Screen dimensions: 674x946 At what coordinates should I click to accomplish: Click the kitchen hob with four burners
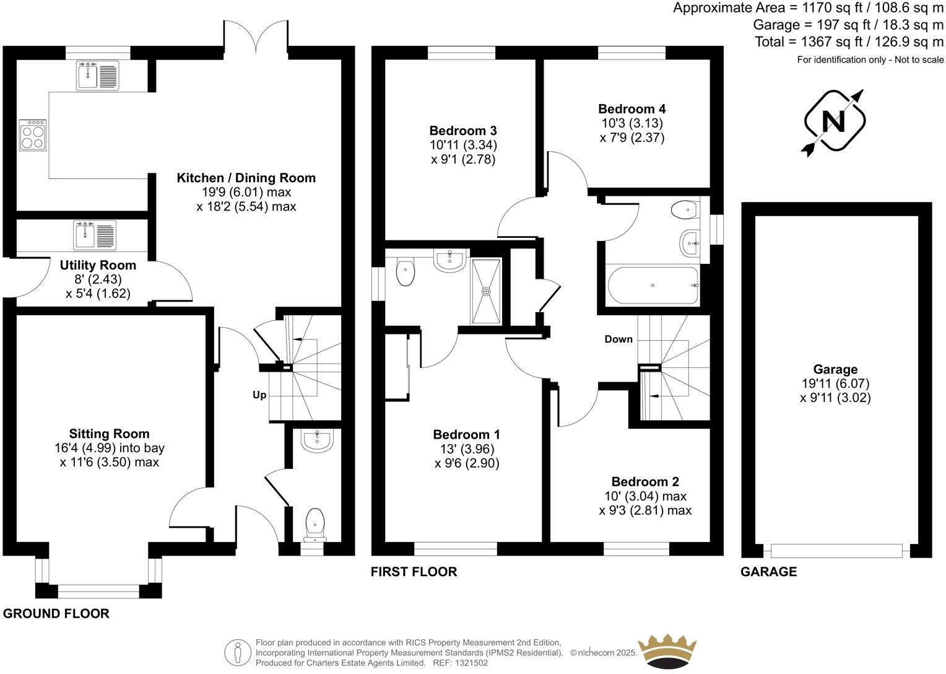click(33, 135)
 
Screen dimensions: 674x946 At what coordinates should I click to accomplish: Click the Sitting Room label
click(109, 434)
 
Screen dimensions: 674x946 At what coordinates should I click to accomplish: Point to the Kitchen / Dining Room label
click(246, 178)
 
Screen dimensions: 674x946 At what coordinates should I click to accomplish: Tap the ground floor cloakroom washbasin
click(318, 440)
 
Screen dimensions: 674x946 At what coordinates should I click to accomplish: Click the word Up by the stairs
click(259, 395)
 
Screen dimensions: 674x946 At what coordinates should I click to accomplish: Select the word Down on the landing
click(618, 339)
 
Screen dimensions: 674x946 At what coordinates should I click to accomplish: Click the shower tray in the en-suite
click(487, 291)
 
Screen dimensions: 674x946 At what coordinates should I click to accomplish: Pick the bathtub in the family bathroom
click(653, 285)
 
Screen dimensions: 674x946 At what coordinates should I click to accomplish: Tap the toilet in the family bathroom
click(685, 210)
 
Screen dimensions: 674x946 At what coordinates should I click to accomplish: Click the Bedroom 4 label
click(631, 109)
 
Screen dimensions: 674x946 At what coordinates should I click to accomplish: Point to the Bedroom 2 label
click(645, 481)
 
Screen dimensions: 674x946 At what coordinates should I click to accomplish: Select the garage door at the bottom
click(836, 550)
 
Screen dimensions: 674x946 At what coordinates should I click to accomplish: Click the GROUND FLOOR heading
click(56, 613)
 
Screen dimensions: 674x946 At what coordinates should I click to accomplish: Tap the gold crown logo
click(667, 650)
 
